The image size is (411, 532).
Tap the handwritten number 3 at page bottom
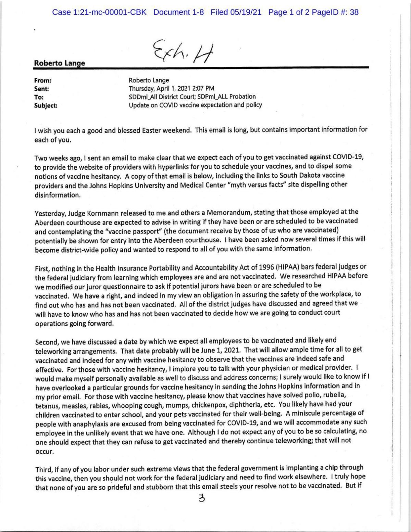201,499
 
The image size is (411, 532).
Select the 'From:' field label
42,81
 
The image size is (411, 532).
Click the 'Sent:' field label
42,89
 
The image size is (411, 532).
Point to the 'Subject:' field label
46,105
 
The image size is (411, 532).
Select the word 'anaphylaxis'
67,423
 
